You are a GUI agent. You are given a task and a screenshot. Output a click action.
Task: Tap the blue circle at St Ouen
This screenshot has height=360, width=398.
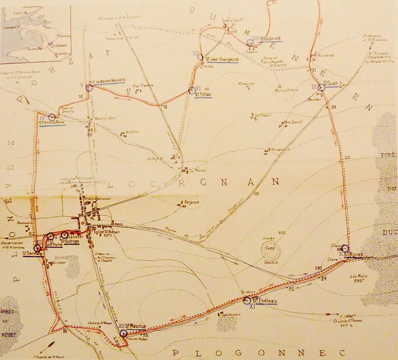tap(321, 87)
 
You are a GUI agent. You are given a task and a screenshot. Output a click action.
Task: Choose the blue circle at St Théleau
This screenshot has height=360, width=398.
tap(247, 300)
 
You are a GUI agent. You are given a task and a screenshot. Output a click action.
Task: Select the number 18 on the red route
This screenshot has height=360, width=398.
tap(165, 107)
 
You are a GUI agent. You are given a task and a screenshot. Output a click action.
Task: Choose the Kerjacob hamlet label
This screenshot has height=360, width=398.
tap(192, 203)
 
